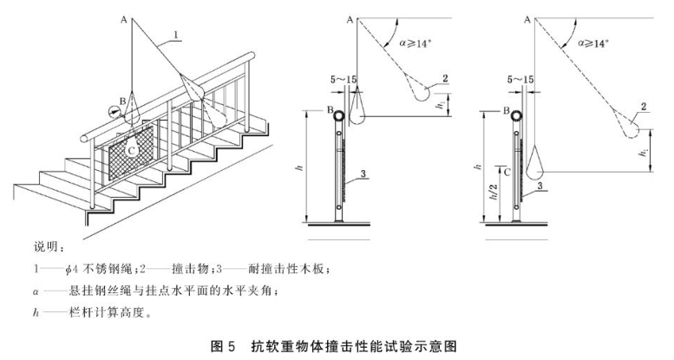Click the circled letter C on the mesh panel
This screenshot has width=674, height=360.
click(x=132, y=151)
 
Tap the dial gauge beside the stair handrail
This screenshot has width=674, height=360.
click(x=115, y=111)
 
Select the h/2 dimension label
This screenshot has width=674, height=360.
click(x=494, y=192)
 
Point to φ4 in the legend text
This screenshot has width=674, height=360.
click(x=71, y=269)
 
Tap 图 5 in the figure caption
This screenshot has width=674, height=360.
click(x=223, y=346)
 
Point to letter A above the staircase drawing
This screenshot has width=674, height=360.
click(x=124, y=19)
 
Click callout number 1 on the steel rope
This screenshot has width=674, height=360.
click(x=175, y=34)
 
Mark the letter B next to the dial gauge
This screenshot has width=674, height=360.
click(x=122, y=101)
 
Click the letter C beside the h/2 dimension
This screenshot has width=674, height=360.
click(x=507, y=173)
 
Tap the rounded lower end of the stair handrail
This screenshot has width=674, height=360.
click(x=85, y=138)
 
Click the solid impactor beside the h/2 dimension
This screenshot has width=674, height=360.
click(x=534, y=162)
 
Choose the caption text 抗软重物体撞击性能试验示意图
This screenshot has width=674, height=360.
click(x=353, y=346)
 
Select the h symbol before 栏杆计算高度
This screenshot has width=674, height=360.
click(x=36, y=312)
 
